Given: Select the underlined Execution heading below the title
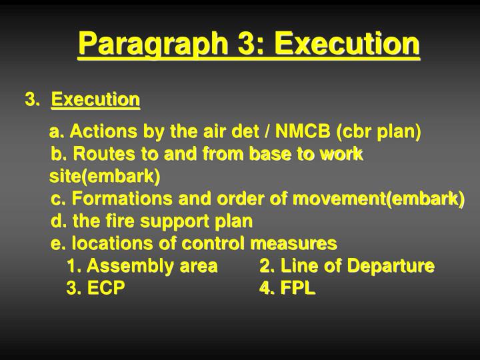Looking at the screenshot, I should pyautogui.click(x=96, y=100).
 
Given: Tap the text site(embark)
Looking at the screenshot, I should pyautogui.click(x=105, y=176).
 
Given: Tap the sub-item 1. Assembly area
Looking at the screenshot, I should pyautogui.click(x=142, y=266).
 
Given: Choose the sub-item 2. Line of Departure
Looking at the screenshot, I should pyautogui.click(x=347, y=266).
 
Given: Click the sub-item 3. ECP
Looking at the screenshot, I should pyautogui.click(x=95, y=289).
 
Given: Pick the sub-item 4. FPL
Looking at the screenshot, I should pyautogui.click(x=287, y=289).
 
